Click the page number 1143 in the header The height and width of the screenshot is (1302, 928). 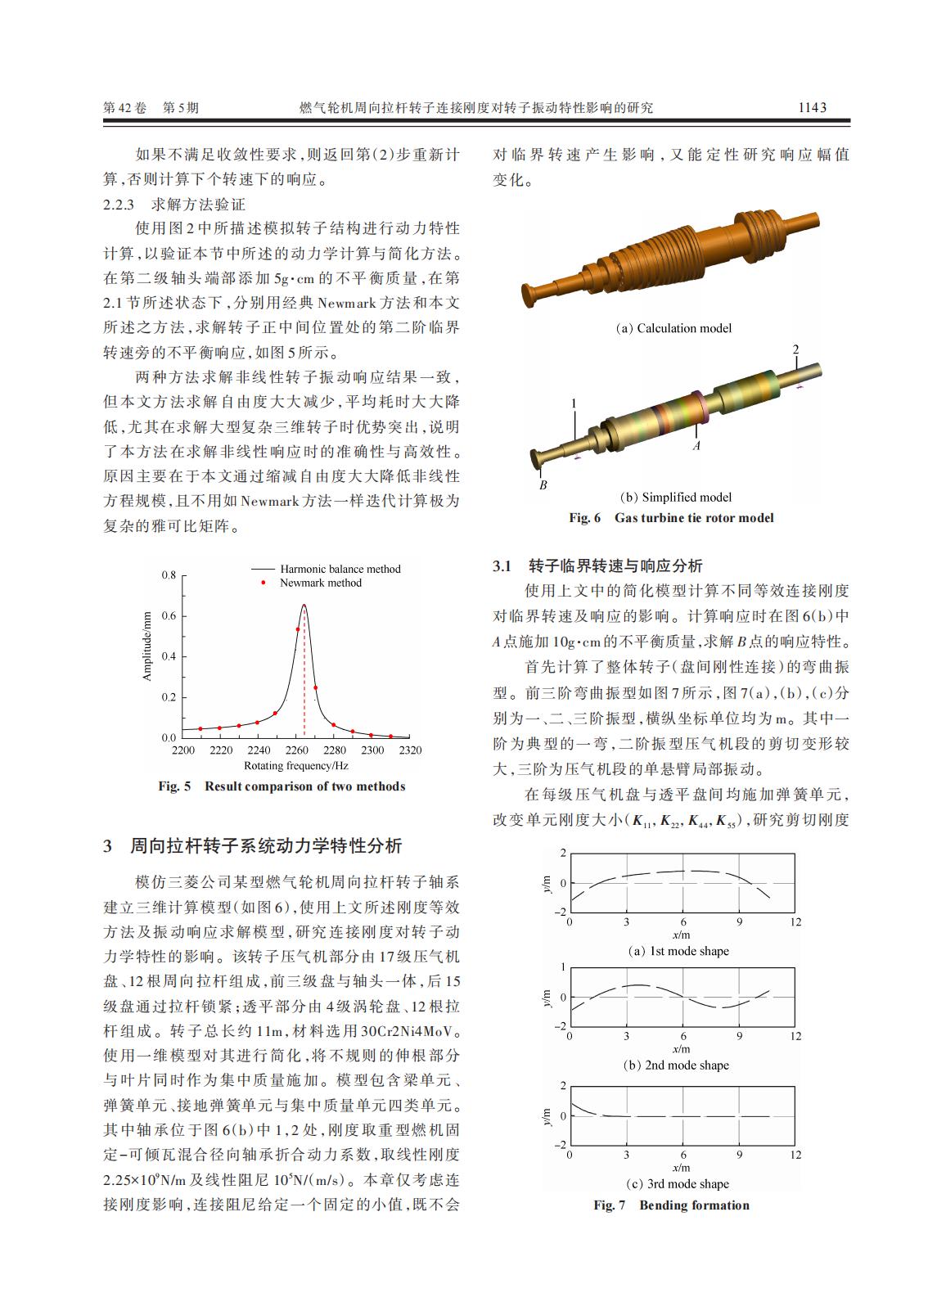tap(812, 107)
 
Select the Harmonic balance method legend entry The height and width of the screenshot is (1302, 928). tap(340, 569)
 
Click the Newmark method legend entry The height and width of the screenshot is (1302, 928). tap(320, 583)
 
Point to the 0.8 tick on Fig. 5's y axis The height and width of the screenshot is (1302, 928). tap(168, 574)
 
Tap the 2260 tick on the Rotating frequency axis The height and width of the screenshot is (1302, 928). tap(296, 750)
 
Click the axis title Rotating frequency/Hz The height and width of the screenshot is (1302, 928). tap(296, 766)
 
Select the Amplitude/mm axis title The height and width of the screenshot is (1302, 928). tap(147, 646)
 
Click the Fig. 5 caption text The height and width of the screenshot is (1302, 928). tap(282, 786)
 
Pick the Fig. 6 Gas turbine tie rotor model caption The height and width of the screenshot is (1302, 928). tap(671, 518)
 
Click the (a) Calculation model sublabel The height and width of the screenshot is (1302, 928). tap(673, 328)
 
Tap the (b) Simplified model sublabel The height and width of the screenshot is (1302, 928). tap(676, 497)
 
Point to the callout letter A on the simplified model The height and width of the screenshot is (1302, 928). tap(696, 447)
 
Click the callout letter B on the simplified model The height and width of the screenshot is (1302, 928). tap(543, 485)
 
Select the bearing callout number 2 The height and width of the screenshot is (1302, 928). tap(795, 350)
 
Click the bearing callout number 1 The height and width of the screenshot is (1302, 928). tap(574, 403)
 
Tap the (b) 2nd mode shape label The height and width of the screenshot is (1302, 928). tap(676, 1065)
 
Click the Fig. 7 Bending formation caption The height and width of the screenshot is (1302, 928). tap(671, 1205)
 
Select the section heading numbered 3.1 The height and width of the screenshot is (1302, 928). tap(597, 565)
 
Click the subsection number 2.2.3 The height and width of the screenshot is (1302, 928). tap(124, 204)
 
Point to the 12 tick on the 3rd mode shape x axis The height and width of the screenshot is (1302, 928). tap(795, 1155)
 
